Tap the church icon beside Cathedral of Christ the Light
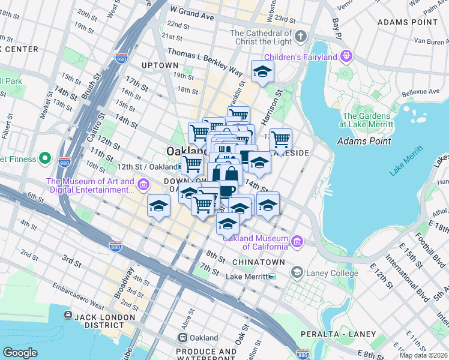point(300,37)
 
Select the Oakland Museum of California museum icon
point(297,242)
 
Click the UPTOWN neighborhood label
point(160,65)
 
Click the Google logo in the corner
point(20,353)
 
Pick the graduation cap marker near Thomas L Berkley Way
point(262,72)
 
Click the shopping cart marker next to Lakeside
point(280,140)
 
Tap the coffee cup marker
point(227,191)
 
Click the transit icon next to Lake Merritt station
point(272,277)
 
